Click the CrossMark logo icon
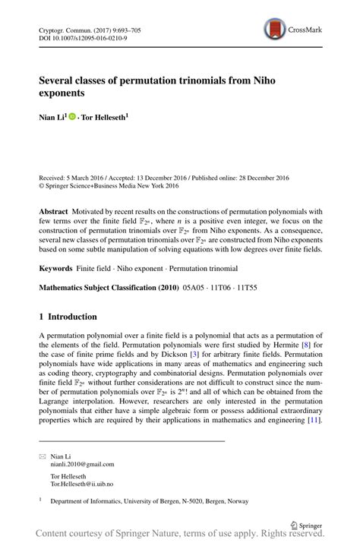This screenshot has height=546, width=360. point(275,30)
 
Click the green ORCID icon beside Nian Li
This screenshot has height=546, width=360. point(72,118)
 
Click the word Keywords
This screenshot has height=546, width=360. point(56,269)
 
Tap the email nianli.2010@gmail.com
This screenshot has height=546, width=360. point(82,464)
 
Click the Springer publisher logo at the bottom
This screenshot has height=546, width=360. point(305,523)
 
